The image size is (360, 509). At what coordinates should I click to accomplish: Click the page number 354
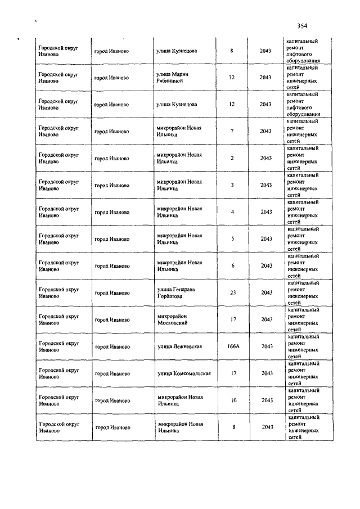pyautogui.click(x=302, y=25)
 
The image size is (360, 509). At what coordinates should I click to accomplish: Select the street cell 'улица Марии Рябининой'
pyautogui.click(x=173, y=78)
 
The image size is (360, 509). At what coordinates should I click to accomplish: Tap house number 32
pyautogui.click(x=232, y=78)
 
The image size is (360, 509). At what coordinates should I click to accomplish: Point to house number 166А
pyautogui.click(x=233, y=346)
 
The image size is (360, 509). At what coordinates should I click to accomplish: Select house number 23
pyautogui.click(x=232, y=292)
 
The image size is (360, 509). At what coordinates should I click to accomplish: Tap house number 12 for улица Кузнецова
pyautogui.click(x=232, y=104)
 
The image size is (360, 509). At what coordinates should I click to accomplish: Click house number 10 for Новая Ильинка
pyautogui.click(x=233, y=400)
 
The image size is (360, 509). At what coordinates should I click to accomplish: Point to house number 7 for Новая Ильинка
pyautogui.click(x=232, y=131)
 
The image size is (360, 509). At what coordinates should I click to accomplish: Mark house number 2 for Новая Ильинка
pyautogui.click(x=232, y=158)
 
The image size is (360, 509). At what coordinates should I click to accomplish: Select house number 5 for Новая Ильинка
pyautogui.click(x=232, y=238)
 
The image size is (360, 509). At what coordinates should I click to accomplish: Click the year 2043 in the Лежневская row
pyautogui.click(x=267, y=346)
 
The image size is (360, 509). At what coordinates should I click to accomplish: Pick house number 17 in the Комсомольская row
pyautogui.click(x=233, y=373)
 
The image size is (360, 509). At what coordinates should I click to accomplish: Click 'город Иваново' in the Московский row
pyautogui.click(x=111, y=319)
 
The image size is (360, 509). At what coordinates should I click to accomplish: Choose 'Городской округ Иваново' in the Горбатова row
pyautogui.click(x=57, y=292)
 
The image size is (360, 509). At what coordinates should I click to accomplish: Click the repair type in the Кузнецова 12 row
pyautogui.click(x=303, y=104)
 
